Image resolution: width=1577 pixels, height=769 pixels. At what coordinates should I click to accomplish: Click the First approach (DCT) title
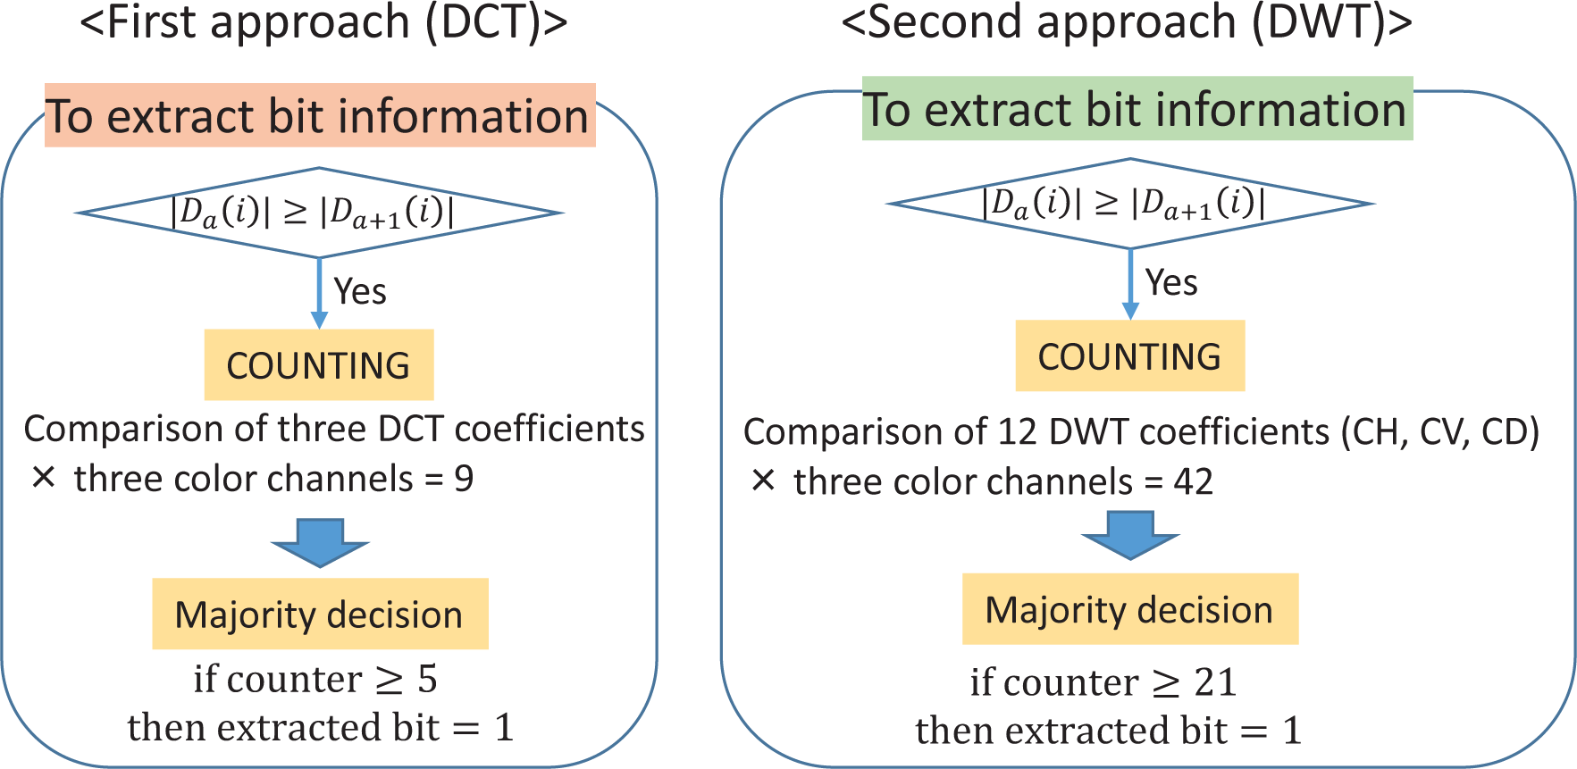click(x=323, y=22)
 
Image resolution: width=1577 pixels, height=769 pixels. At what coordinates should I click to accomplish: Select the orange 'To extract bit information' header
click(x=319, y=116)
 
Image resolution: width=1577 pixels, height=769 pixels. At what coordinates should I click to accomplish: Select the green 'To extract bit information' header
click(x=1137, y=109)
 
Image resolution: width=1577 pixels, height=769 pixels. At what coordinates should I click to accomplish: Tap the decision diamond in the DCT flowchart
click(x=319, y=213)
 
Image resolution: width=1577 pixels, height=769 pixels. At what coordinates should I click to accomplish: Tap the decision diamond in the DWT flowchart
click(x=1129, y=204)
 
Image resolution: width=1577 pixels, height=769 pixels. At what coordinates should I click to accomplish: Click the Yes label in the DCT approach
click(x=360, y=292)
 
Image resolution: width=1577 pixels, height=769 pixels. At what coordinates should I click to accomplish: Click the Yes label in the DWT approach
click(x=1171, y=283)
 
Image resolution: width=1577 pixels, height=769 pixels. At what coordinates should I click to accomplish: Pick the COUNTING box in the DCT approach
click(x=319, y=365)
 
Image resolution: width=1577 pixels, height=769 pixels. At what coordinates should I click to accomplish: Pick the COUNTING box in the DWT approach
click(x=1129, y=356)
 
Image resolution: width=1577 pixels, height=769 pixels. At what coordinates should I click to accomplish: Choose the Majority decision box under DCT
click(x=320, y=614)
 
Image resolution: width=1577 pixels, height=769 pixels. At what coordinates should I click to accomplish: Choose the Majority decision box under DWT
click(x=1129, y=609)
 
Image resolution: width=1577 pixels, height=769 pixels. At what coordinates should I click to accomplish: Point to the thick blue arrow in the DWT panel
click(x=1130, y=534)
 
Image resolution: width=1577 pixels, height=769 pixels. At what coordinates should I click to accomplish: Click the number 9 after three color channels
click(x=464, y=480)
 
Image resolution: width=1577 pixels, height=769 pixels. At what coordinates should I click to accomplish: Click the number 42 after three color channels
click(x=1193, y=482)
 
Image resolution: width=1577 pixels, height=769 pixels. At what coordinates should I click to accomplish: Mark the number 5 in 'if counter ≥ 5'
click(x=427, y=680)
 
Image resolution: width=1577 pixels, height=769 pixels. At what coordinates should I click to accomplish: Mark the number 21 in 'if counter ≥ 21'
click(x=1215, y=683)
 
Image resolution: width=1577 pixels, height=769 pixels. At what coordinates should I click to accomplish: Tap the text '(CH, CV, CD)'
click(x=1440, y=432)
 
